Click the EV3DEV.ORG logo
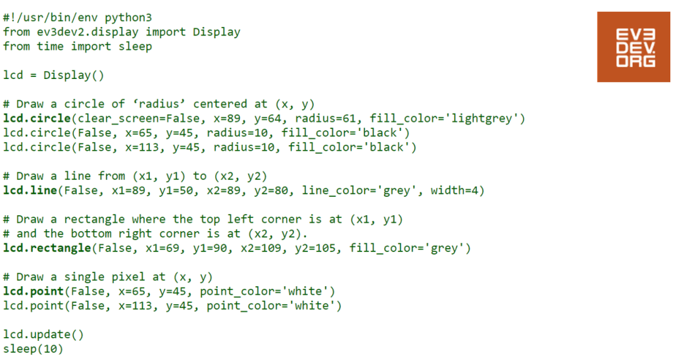click(x=634, y=47)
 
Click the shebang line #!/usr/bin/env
click(x=50, y=18)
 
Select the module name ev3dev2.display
click(x=87, y=32)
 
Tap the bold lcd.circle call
click(x=37, y=118)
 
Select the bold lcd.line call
click(x=30, y=190)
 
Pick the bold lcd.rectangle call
click(x=47, y=248)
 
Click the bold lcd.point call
click(x=34, y=292)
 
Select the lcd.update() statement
click(x=43, y=334)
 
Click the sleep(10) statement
click(x=33, y=349)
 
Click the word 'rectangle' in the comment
click(x=95, y=220)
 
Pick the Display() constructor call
click(x=74, y=76)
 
